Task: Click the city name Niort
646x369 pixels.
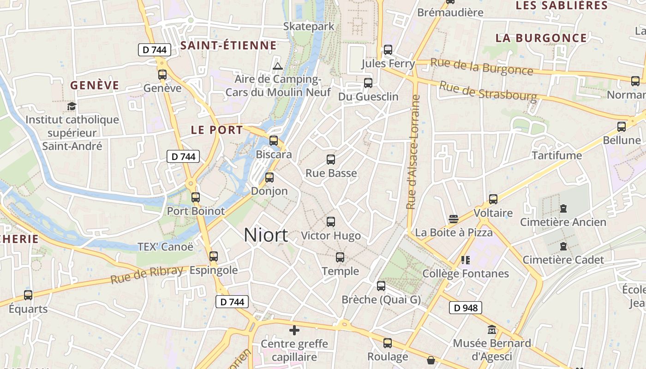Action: coord(266,235)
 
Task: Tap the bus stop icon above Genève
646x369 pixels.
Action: coord(162,74)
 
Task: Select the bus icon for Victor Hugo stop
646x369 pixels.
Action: coord(331,222)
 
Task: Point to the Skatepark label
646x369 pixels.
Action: coord(309,26)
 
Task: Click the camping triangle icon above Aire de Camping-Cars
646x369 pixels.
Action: coord(277,66)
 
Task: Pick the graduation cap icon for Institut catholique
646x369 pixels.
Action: coord(72,107)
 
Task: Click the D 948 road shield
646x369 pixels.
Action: coord(466,308)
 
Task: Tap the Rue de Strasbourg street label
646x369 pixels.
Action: coord(488,91)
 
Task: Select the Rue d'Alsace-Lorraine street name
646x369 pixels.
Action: coord(413,152)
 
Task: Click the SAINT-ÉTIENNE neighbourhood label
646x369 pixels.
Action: coord(228,45)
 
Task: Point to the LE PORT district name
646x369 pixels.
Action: coord(217,130)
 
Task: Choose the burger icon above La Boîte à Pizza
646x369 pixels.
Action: coord(454,219)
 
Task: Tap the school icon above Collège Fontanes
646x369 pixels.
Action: coord(465,260)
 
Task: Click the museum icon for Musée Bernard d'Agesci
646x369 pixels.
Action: coord(492,330)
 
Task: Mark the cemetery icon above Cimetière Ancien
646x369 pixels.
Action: coord(563,208)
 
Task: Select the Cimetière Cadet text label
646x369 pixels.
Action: coord(563,260)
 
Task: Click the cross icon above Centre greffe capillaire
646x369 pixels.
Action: coord(294,330)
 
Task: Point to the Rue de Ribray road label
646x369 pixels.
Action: coord(147,275)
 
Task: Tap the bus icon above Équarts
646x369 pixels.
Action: coord(28,295)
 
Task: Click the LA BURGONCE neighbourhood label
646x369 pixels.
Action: coord(541,38)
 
